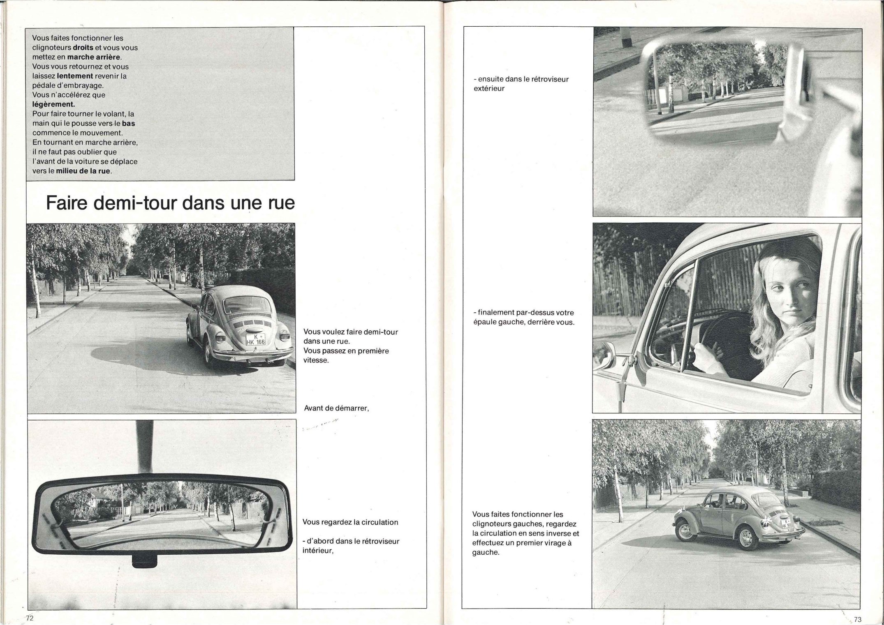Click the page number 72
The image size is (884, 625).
(29, 618)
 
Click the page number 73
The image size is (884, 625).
(857, 619)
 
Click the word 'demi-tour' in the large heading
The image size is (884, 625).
(139, 203)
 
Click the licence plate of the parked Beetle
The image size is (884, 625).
(255, 339)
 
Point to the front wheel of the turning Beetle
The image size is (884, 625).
(685, 532)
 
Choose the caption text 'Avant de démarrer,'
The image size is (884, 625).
(336, 408)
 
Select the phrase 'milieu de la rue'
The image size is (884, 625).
(83, 171)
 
